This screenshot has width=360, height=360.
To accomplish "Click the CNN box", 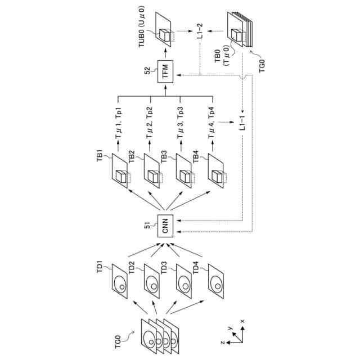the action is (165, 226).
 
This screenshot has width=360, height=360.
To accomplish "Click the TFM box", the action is (165, 71).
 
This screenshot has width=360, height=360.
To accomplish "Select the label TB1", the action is (100, 156).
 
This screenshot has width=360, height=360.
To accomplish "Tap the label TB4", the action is (196, 157).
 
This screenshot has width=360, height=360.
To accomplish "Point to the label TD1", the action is (100, 267).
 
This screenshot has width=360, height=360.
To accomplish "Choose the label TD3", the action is (164, 268).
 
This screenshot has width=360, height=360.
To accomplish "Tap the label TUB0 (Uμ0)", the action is (142, 26).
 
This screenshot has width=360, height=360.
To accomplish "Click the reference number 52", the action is (147, 70).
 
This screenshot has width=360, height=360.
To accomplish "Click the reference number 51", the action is (147, 225).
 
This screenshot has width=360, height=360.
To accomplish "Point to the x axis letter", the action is (242, 321).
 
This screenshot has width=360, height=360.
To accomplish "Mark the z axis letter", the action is (222, 343).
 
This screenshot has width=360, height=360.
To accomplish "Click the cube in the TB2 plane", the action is (153, 177).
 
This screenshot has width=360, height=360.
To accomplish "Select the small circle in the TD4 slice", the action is (218, 286).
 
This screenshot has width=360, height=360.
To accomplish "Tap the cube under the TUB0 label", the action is (165, 35).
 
